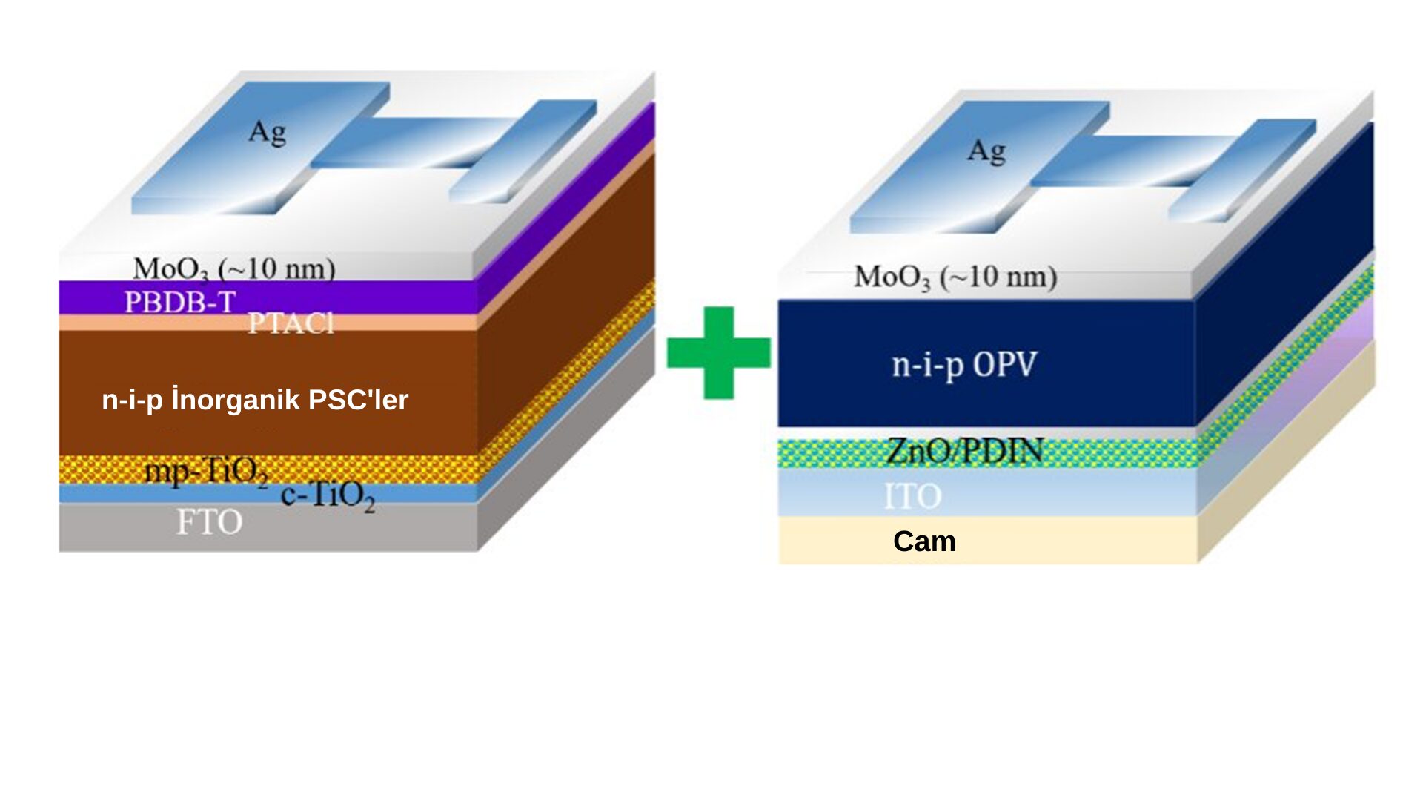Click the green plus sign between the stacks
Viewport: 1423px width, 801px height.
click(718, 352)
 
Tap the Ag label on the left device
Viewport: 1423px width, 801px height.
click(267, 133)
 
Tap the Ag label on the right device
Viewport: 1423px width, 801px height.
click(986, 151)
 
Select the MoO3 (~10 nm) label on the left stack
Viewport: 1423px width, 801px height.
click(234, 268)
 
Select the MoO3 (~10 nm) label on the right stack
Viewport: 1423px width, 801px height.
click(955, 277)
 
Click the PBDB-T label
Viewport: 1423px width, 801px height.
click(179, 302)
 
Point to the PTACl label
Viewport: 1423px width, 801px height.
click(291, 323)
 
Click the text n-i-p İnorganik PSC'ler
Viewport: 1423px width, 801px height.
click(255, 400)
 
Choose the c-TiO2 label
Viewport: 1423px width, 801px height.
click(328, 495)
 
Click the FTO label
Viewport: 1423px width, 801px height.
click(209, 522)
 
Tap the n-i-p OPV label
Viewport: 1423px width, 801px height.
click(964, 364)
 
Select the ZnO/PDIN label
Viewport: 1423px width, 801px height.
click(964, 451)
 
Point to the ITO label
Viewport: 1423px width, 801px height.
click(912, 496)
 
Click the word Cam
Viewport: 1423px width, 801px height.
click(924, 541)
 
